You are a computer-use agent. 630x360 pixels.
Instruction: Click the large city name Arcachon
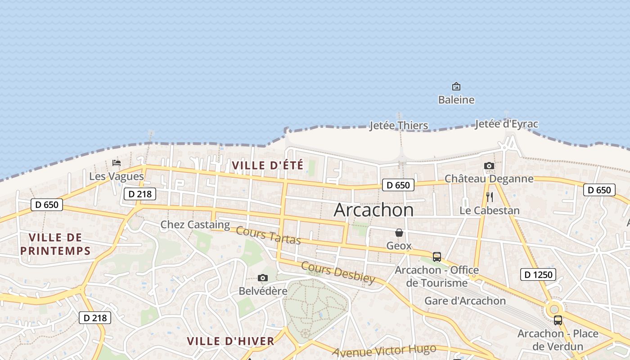point(373,210)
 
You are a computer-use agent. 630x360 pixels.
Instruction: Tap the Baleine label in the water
point(456,99)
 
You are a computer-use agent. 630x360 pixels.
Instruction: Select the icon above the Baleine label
point(456,86)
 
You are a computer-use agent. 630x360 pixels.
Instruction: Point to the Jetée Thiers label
point(399,125)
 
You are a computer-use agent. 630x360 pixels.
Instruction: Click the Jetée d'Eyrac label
point(506,124)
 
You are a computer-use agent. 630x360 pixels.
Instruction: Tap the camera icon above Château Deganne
point(489,166)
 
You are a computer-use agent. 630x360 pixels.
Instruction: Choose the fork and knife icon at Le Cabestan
point(490,197)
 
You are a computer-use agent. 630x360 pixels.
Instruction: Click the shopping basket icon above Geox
point(399,233)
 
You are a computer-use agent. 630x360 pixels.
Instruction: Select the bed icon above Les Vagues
point(117,163)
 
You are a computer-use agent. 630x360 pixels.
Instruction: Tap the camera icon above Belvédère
point(263,278)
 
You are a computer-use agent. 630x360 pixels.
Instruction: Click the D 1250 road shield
point(538,274)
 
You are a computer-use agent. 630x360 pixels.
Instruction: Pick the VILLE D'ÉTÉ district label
point(268,165)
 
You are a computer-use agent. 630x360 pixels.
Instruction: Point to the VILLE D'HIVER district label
point(230,341)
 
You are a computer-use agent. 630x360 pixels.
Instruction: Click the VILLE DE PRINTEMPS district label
point(55,244)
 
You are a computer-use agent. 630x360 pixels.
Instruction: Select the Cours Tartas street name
point(268,236)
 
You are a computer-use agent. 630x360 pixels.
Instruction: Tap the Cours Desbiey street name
point(338,272)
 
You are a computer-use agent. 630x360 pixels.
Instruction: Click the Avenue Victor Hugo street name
point(384,351)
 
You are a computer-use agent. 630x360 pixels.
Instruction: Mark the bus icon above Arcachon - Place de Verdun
point(558,320)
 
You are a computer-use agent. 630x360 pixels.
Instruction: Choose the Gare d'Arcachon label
point(465,301)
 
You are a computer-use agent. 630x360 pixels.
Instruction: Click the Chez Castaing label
point(195,224)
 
